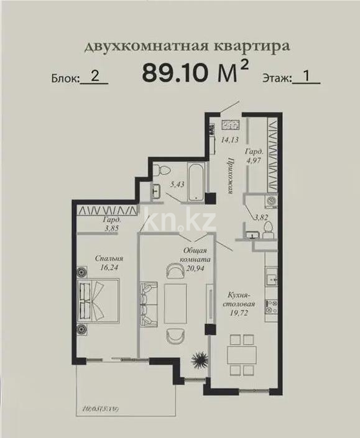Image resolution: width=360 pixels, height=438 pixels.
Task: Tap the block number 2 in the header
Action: click(95, 76)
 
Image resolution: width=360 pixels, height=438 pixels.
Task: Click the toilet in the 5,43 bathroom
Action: click(160, 169)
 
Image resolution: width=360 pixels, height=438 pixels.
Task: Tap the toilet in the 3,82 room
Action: click(268, 230)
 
